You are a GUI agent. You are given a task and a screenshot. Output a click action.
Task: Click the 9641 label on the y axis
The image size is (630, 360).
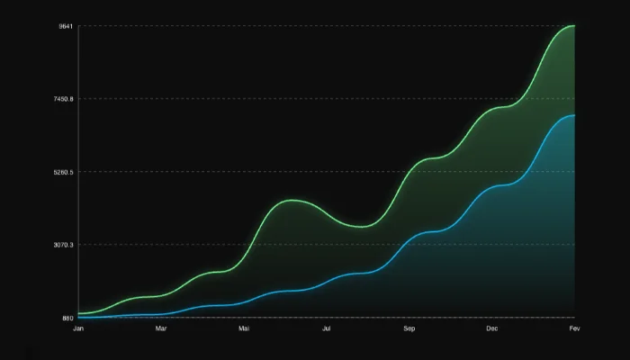tap(66, 26)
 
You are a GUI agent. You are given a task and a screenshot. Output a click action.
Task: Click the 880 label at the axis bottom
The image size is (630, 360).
tap(67, 318)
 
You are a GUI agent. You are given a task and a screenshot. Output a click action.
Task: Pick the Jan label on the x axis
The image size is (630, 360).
tap(78, 328)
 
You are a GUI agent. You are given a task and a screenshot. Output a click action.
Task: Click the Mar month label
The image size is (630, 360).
tap(161, 328)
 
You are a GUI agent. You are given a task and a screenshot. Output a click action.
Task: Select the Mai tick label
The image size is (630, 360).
tap(244, 328)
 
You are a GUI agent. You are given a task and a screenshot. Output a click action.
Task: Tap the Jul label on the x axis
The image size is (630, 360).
tap(327, 328)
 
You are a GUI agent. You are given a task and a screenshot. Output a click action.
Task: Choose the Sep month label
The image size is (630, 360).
tap(409, 328)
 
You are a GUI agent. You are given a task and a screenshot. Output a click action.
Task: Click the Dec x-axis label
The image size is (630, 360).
tap(492, 328)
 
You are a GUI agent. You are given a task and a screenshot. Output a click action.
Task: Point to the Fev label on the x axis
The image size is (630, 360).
tap(574, 328)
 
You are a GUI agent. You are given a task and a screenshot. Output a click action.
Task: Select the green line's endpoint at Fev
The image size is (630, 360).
tap(573, 26)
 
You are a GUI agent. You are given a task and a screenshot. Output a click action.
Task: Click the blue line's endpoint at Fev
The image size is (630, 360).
tap(573, 115)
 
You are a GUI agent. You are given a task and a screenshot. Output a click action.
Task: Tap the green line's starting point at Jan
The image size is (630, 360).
tap(79, 313)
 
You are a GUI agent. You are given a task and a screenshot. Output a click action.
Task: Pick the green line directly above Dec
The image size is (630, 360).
tap(492, 109)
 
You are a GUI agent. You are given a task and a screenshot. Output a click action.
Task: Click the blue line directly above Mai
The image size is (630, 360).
tap(244, 302)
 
